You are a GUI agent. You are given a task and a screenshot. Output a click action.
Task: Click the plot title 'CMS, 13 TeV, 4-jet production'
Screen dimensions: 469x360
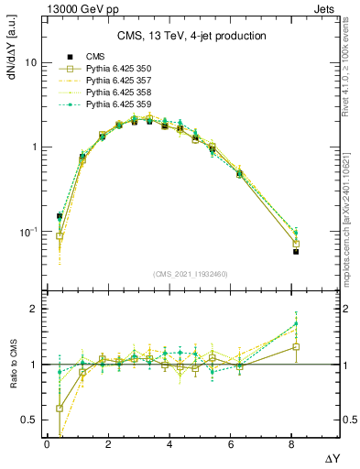191,36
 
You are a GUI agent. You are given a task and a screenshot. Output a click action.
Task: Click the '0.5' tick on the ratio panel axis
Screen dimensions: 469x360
28,420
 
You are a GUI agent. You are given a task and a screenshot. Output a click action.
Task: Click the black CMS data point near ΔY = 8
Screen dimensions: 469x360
296,251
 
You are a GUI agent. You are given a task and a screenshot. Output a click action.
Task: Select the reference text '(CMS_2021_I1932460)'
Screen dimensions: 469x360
191,273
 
